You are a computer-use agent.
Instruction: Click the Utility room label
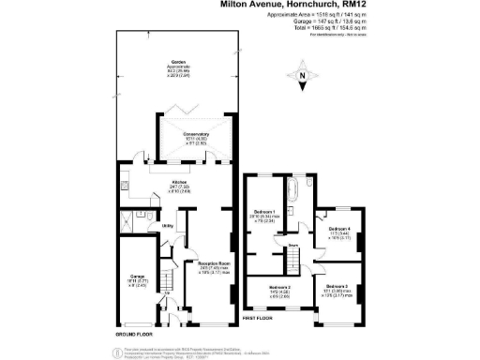(168, 226)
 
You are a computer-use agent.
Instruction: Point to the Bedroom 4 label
(341, 231)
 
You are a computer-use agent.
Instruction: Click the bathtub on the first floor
(289, 193)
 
